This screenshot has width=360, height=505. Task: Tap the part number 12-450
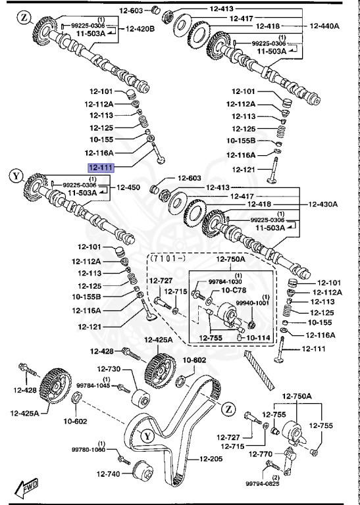(x=128, y=187)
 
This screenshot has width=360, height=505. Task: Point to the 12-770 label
(x=261, y=453)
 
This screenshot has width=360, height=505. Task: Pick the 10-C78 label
(x=234, y=289)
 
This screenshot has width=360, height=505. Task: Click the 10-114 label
(x=259, y=338)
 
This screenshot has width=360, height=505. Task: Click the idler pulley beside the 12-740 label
(x=141, y=471)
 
